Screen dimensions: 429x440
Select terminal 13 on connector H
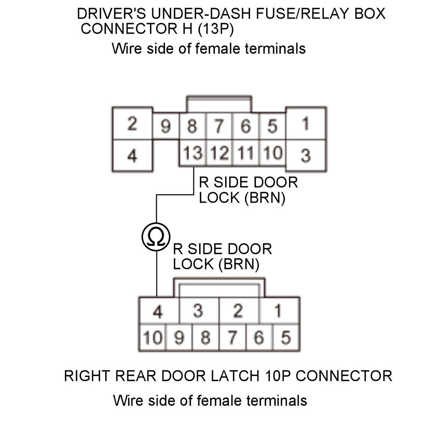tap(193, 153)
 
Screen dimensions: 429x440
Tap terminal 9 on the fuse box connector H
tap(166, 127)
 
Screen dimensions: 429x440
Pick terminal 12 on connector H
tap(219, 153)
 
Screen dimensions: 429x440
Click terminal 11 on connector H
tap(246, 153)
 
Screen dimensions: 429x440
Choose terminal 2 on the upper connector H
tap(132, 124)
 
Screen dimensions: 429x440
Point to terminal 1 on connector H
tap(305, 124)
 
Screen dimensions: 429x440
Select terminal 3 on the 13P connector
tap(305, 155)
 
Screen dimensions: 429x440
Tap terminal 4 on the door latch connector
tap(158, 312)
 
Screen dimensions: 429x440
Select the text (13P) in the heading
tap(216, 29)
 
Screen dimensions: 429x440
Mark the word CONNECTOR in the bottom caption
tap(344, 376)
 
